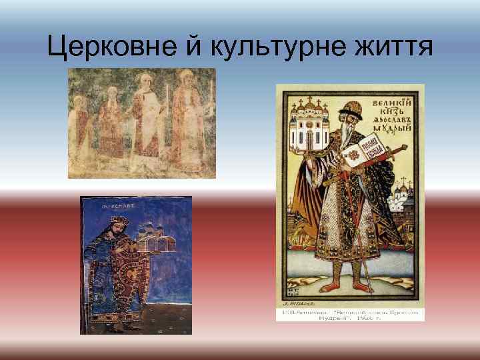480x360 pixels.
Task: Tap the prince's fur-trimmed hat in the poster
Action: click(351, 107)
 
